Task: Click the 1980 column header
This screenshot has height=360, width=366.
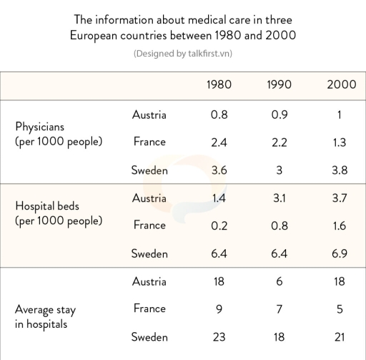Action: click(219, 84)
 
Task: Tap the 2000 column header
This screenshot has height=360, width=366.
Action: click(340, 84)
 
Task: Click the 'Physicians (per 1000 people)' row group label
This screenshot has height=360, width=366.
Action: click(59, 134)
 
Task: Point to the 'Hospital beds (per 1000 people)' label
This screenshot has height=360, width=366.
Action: click(59, 213)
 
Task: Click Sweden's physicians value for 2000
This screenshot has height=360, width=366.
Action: click(340, 170)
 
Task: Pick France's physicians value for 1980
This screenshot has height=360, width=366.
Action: click(219, 142)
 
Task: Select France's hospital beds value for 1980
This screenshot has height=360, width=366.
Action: click(219, 226)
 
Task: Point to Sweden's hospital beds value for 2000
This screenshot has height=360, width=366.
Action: click(340, 254)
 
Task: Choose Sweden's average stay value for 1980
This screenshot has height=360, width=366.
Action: click(219, 337)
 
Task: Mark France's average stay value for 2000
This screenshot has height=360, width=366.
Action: click(340, 309)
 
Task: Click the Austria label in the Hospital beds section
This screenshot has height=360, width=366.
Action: click(149, 198)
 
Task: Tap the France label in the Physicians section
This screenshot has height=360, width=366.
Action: click(149, 142)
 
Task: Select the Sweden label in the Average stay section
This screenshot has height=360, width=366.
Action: click(149, 337)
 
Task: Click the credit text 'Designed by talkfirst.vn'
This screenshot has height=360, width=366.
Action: click(183, 54)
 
